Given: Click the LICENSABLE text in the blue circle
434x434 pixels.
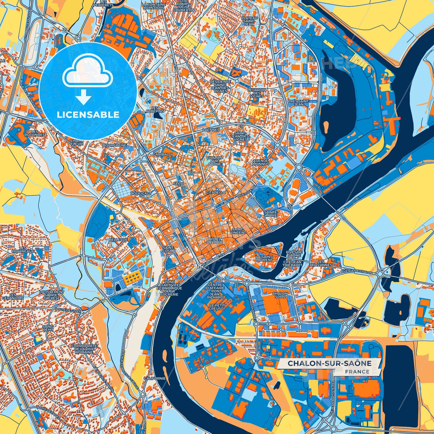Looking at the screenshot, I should [88, 115].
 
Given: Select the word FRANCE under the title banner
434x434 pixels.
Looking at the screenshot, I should [357, 372].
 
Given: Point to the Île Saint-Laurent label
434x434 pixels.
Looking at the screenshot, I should [264, 258].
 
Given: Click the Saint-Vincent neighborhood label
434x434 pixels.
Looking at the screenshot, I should [239, 231].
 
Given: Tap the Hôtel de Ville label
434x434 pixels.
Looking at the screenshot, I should [215, 240].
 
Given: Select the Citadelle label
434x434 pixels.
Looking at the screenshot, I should [216, 192].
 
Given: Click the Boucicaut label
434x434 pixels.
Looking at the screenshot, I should [141, 194].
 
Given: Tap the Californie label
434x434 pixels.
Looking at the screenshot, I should [154, 378].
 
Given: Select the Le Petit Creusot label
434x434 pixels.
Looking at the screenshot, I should [217, 307].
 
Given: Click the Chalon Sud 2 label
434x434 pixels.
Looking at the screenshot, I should [280, 295].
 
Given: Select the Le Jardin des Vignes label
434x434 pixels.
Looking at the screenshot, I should [256, 93].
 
